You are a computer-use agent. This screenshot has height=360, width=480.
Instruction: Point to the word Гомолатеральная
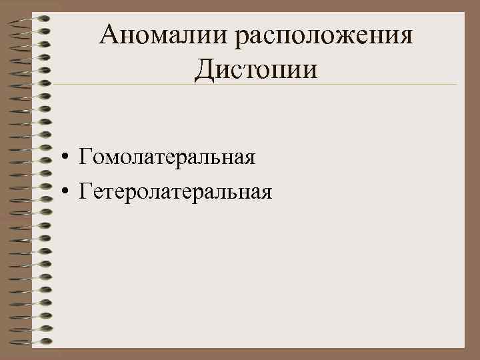pyautogui.click(x=167, y=159)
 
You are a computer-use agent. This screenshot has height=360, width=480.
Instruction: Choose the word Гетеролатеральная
pyautogui.click(x=175, y=192)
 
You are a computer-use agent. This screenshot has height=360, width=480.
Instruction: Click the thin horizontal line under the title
pyautogui.click(x=267, y=85)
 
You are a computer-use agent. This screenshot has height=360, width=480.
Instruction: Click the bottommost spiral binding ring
pyautogui.click(x=33, y=341)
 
